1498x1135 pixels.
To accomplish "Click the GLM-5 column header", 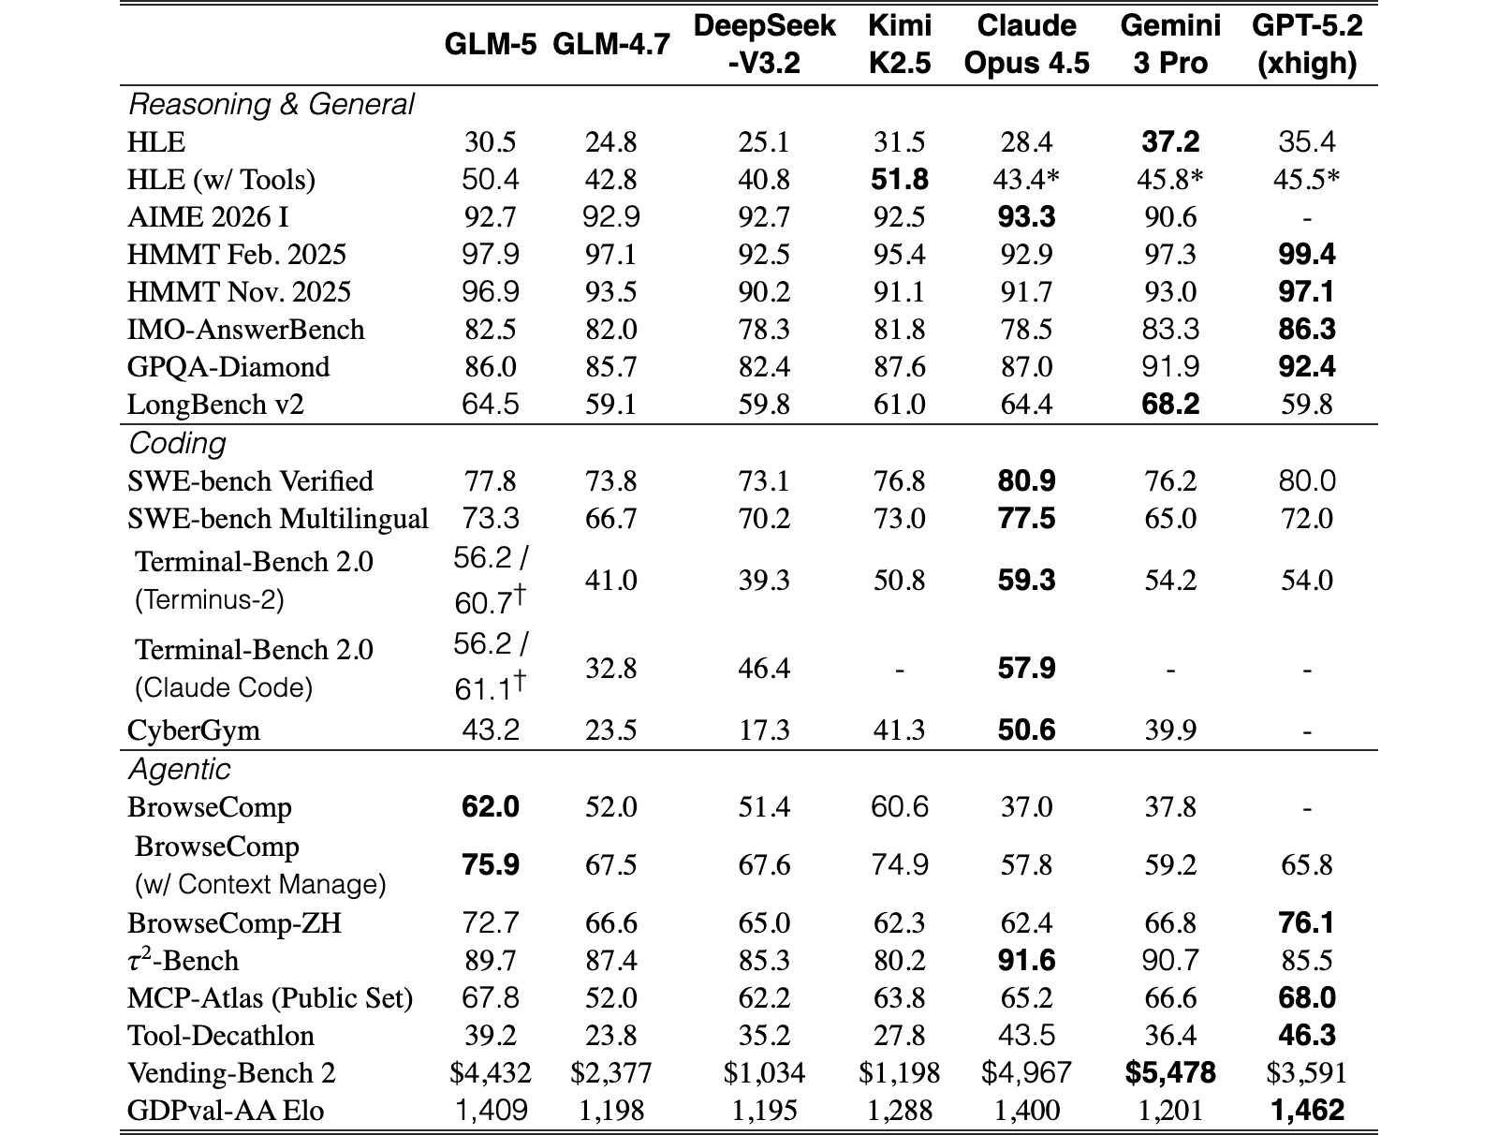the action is pos(490,44).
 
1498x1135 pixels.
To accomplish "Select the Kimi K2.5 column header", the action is pos(899,44).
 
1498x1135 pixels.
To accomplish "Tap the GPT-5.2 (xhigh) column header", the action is pos(1306,44).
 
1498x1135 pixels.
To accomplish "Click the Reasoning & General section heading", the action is pos(271,105).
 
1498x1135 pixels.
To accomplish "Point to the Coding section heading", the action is pos(177,443).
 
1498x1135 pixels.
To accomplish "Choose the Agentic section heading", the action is pos(179,769).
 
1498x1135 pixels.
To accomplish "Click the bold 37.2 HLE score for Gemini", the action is pos(1169,142).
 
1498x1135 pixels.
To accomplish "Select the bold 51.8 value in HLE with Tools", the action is pos(899,180).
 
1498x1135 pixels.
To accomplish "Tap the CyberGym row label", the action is pos(193,730).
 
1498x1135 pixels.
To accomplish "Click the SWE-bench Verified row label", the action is pos(250,481).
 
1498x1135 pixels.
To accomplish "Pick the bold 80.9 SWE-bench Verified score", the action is pos(1026,481).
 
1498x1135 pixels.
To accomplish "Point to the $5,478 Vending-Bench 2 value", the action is pos(1169,1072).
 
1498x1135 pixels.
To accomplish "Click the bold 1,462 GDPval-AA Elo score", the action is pos(1306,1110).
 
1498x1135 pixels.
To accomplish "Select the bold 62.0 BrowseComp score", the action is pos(490,806).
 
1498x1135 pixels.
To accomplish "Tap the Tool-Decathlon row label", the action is pos(220,1036).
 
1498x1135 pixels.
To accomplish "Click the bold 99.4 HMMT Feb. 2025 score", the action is pos(1306,255).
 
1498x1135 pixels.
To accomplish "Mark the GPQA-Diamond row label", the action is pos(228,367).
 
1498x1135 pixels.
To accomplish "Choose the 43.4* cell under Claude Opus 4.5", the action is pos(1026,180).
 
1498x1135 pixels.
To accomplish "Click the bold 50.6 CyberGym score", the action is pos(1026,730).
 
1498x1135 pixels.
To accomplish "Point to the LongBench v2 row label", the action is pos(215,405).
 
